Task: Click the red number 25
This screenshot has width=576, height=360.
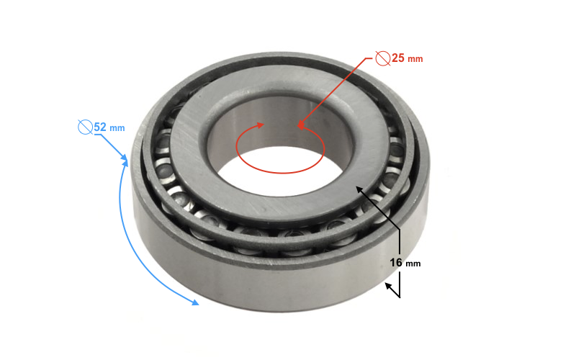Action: pyautogui.click(x=398, y=58)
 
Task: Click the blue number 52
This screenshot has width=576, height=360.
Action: pyautogui.click(x=100, y=127)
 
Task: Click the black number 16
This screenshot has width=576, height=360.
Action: pyautogui.click(x=396, y=262)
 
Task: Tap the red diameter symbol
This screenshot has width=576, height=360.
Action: pyautogui.click(x=383, y=58)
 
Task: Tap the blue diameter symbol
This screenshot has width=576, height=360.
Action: pyautogui.click(x=85, y=127)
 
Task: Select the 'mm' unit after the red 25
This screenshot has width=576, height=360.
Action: pyautogui.click(x=415, y=59)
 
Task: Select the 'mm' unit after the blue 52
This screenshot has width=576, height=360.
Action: pyautogui.click(x=117, y=128)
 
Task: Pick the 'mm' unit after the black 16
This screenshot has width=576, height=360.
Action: pyautogui.click(x=413, y=264)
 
